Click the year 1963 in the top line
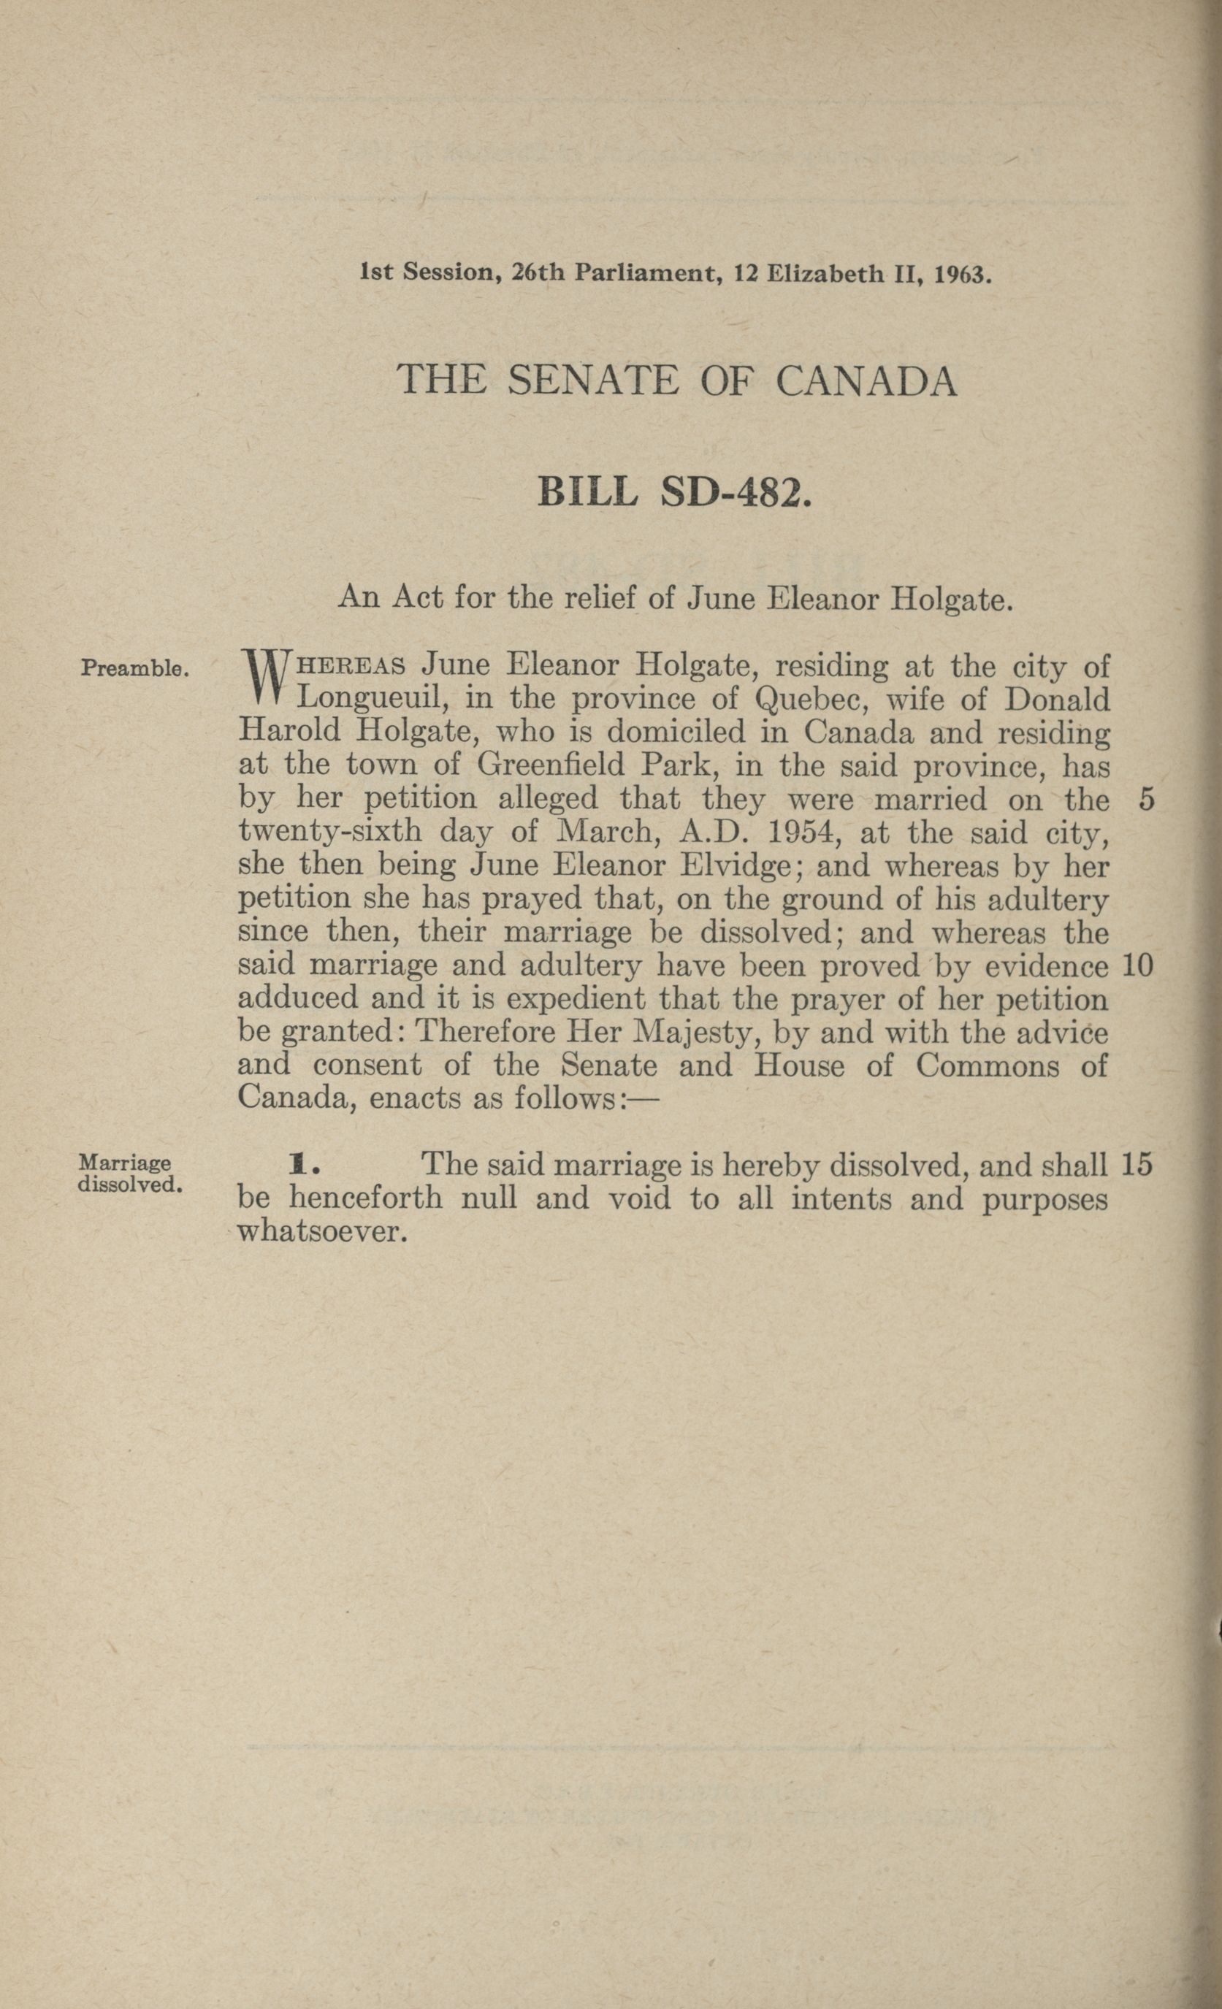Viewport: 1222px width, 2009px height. pos(963,274)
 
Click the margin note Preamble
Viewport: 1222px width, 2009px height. pos(134,670)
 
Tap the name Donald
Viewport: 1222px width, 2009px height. pos(1056,700)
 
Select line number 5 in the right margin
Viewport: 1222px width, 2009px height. pos(1146,800)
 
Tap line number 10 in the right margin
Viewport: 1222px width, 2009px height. pos(1137,966)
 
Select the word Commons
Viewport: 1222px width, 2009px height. pos(987,1066)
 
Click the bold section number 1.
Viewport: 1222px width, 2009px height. pos(296,1166)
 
